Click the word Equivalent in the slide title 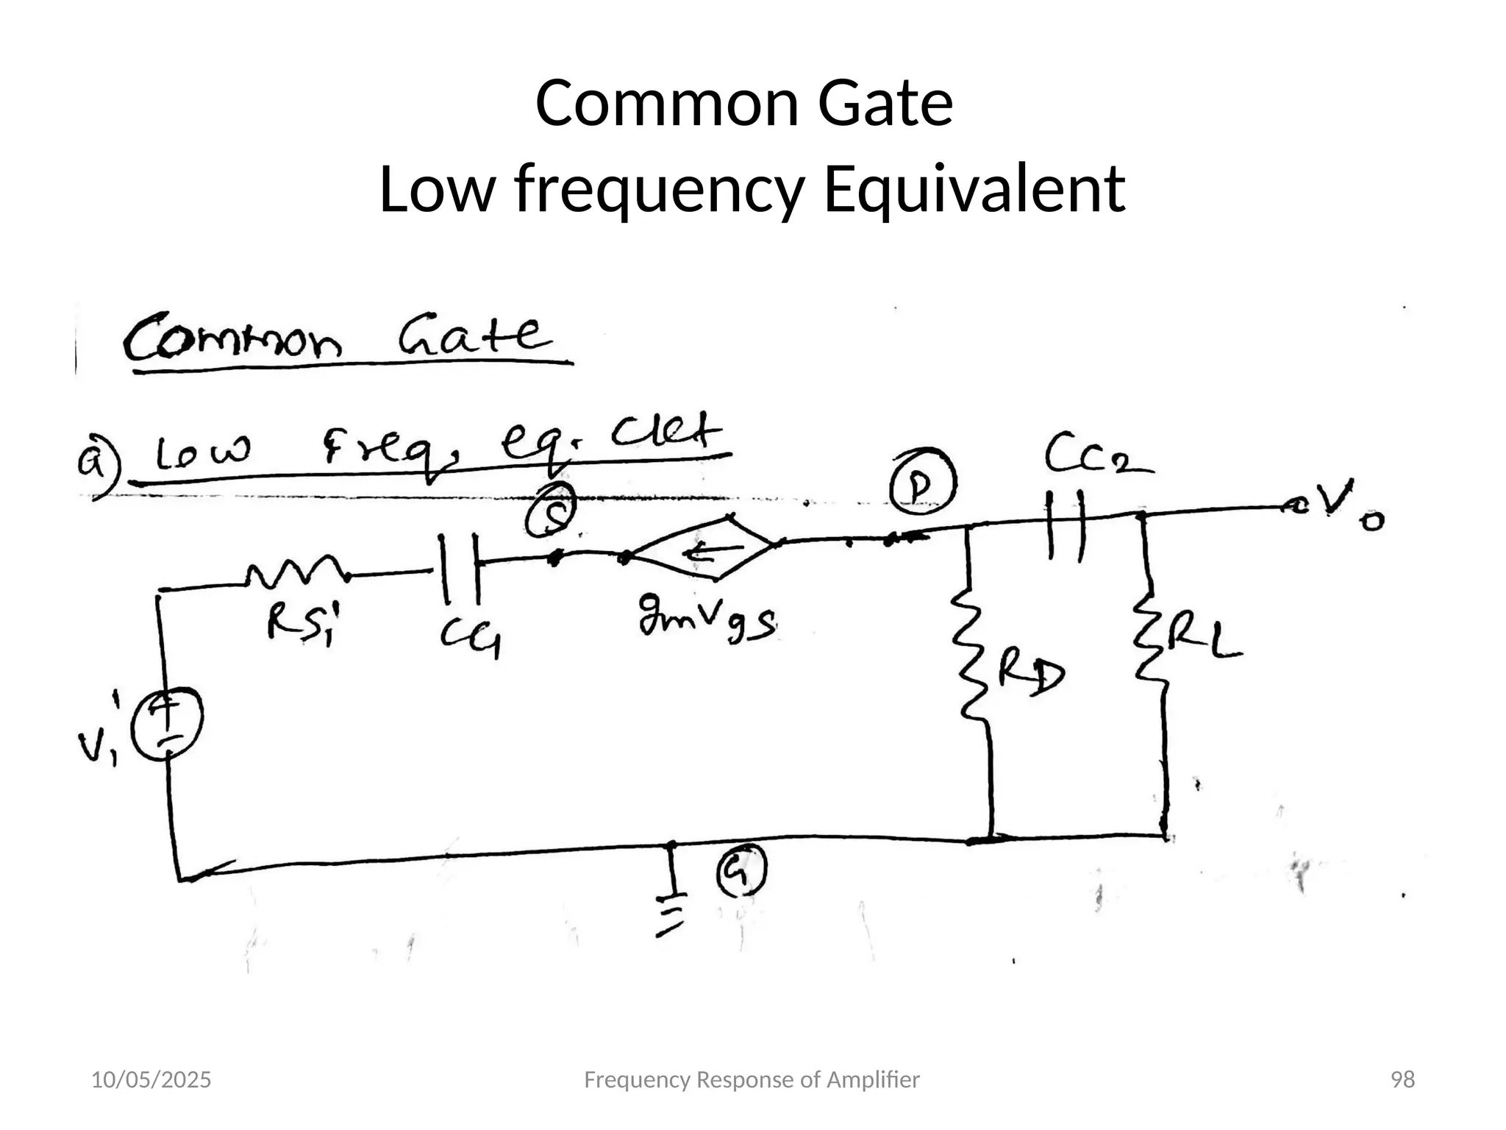(974, 189)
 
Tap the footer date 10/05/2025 (151, 1080)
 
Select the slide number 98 (1403, 1080)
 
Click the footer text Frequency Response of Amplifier (751, 1080)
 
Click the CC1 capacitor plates (460, 568)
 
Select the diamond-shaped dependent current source (703, 548)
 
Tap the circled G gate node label (741, 870)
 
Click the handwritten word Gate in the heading (475, 338)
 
